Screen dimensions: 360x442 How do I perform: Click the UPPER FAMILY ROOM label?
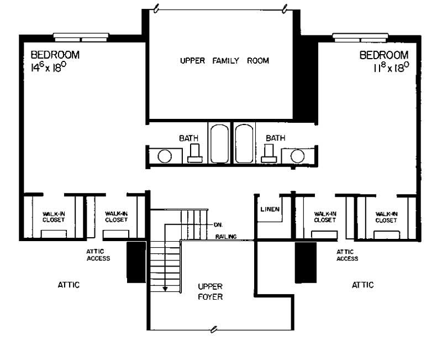click(224, 61)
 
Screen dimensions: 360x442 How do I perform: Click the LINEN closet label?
click(270, 209)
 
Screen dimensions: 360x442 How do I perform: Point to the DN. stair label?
click(217, 225)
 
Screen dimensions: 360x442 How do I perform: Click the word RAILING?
click(227, 237)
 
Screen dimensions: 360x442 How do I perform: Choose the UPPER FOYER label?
click(210, 291)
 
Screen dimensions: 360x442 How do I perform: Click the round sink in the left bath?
click(165, 156)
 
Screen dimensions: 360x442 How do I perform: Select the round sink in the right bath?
click(297, 156)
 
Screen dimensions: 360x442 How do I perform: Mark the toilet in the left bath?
click(194, 153)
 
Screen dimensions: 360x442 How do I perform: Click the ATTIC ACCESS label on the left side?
click(98, 254)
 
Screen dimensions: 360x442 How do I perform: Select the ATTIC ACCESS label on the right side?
click(347, 254)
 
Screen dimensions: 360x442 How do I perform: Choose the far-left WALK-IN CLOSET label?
click(53, 216)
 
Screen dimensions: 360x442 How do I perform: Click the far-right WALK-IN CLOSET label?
click(386, 216)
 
